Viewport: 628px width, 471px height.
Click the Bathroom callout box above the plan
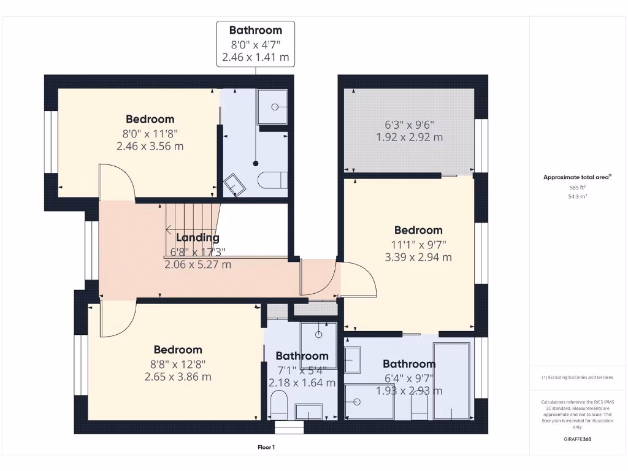pos(256,44)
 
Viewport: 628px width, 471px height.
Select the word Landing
pos(197,238)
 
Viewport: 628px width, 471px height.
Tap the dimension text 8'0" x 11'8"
pos(150,133)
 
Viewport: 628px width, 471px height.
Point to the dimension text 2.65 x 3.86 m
pos(178,377)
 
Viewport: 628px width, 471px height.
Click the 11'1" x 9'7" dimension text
pos(418,244)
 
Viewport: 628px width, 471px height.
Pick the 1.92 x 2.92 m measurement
pos(409,137)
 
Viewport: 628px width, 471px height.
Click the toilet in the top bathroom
pos(273,180)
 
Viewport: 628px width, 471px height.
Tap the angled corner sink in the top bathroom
pos(234,185)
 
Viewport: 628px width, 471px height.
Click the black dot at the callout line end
pos(256,164)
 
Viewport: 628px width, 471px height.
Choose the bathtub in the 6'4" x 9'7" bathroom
pos(451,380)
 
